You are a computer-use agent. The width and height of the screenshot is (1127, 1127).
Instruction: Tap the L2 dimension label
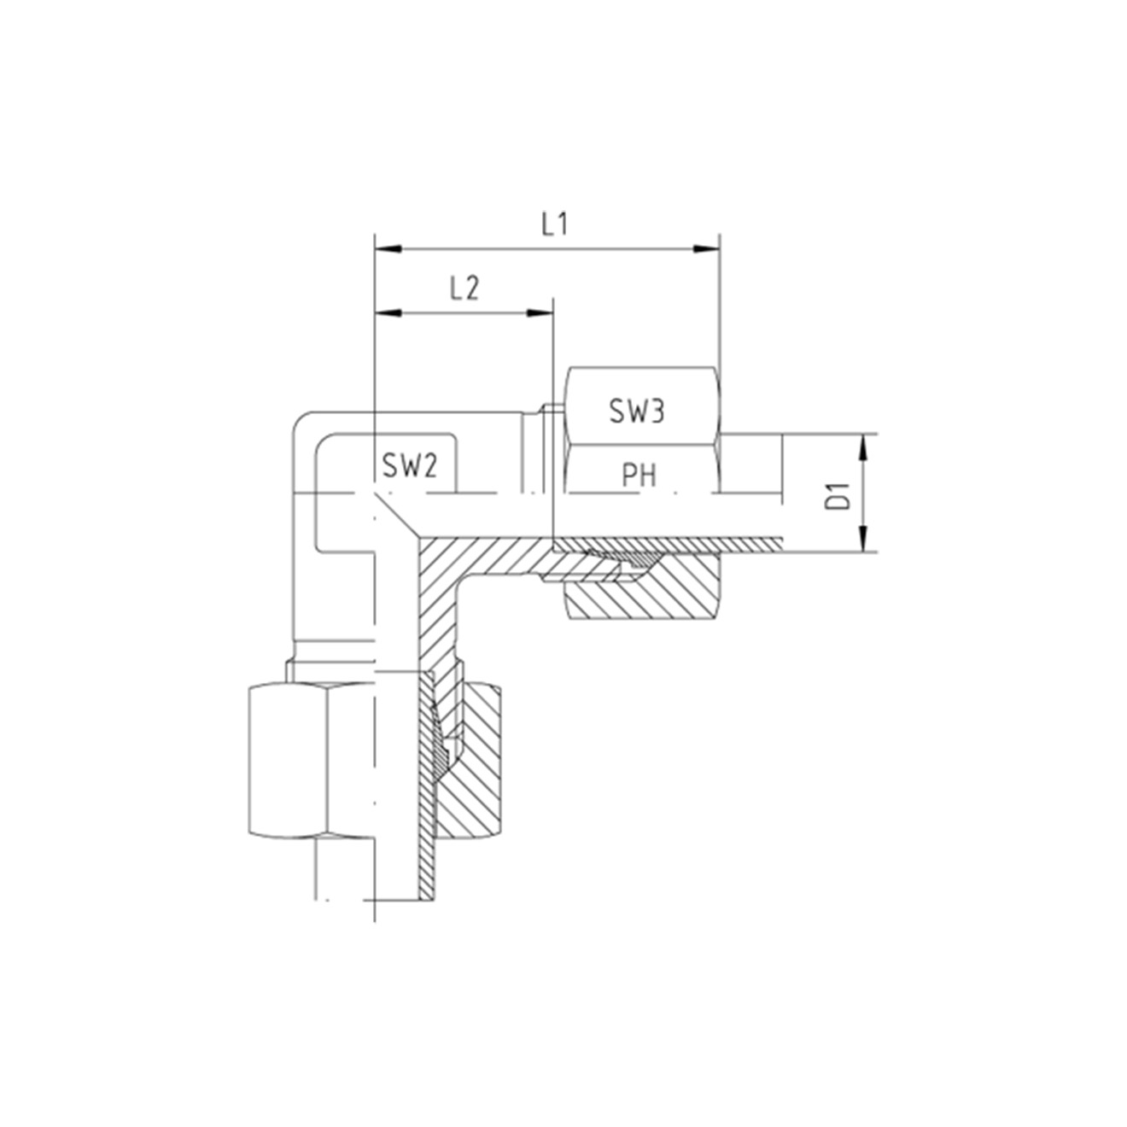pyautogui.click(x=464, y=289)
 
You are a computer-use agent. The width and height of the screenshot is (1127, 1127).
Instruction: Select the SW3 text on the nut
pyautogui.click(x=637, y=412)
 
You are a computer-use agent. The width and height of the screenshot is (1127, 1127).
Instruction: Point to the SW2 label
pyautogui.click(x=410, y=466)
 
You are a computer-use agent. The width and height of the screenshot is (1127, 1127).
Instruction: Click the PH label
pyautogui.click(x=639, y=476)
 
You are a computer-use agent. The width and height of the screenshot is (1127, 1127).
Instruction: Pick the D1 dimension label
pyautogui.click(x=838, y=495)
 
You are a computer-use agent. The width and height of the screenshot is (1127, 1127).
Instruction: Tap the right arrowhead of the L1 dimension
pyautogui.click(x=706, y=249)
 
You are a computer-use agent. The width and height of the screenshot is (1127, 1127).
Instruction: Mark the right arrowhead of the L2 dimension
pyautogui.click(x=540, y=313)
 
